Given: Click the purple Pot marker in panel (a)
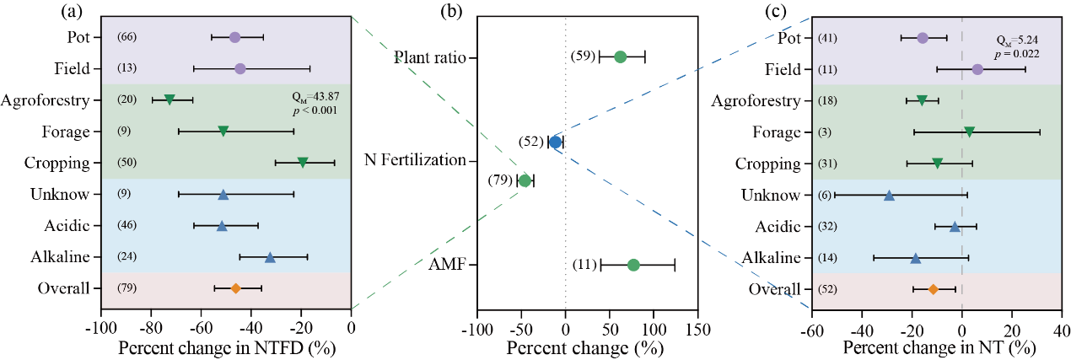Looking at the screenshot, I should click(x=234, y=37).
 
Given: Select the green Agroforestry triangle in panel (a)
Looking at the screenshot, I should click(x=170, y=100).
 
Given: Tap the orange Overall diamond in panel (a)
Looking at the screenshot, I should click(x=236, y=288).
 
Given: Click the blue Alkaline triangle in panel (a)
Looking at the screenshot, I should click(x=270, y=257).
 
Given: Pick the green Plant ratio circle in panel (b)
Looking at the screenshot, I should click(x=620, y=56).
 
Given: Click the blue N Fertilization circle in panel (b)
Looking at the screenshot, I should click(x=555, y=142).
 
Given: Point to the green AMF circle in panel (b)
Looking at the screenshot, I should click(x=633, y=265).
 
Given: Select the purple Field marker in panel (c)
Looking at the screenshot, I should click(x=977, y=68).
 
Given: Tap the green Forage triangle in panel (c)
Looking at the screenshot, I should click(x=970, y=132).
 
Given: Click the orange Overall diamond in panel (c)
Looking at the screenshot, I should click(x=934, y=288).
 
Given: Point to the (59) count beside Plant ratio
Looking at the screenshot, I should click(x=583, y=56).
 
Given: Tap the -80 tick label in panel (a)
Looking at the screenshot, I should click(x=151, y=328).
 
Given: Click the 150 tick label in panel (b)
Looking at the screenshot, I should click(x=697, y=328).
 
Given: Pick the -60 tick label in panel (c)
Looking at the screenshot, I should click(x=812, y=328).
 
